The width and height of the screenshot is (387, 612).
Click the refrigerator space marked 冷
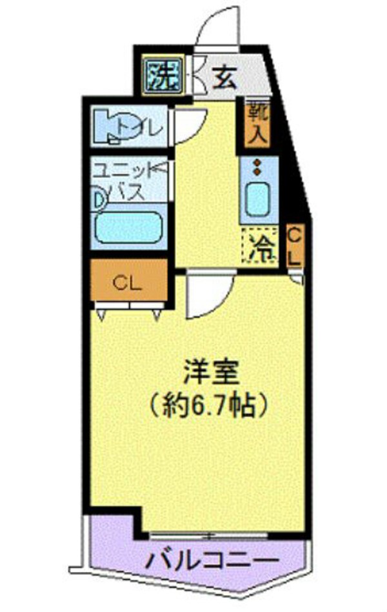click(259, 245)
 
